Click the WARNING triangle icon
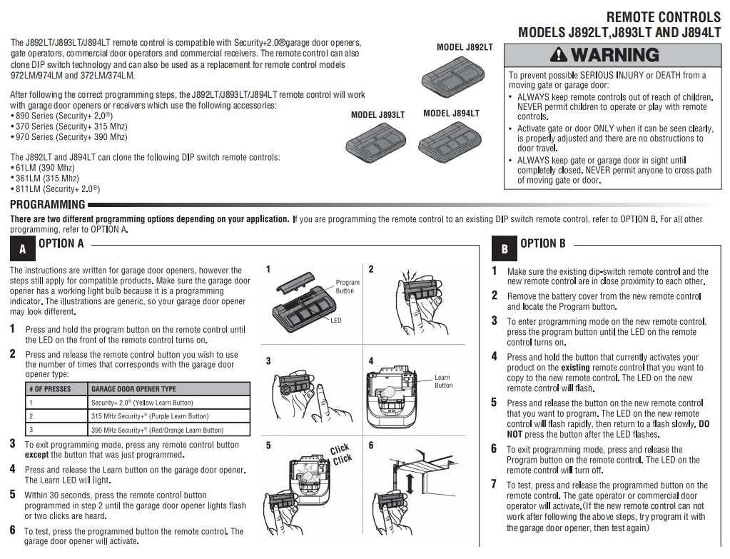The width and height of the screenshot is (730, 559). pos(559,55)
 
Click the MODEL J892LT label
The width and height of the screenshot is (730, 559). pos(464,47)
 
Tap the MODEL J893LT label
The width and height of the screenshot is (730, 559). pos(377,114)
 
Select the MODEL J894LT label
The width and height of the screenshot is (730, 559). pos(451,113)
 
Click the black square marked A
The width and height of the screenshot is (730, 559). pos(23,249)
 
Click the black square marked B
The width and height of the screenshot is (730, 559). pos(505,249)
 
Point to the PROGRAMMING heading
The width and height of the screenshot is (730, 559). pos(47,205)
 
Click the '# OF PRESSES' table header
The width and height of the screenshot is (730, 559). pos(50,389)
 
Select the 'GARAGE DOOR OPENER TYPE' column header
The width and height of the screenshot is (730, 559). pos(133,389)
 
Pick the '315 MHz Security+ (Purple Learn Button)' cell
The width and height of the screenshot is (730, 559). pos(150,416)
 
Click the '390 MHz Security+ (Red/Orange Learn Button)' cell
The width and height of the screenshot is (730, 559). pos(157,430)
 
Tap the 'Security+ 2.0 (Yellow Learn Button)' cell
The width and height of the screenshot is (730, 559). pos(142,403)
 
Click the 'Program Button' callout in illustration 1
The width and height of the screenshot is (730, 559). pos(348,286)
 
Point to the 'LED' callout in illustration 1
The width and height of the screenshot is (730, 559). pos(335,321)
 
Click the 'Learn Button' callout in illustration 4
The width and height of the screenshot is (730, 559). pos(443,381)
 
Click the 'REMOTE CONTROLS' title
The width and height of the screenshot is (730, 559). pos(663,16)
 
